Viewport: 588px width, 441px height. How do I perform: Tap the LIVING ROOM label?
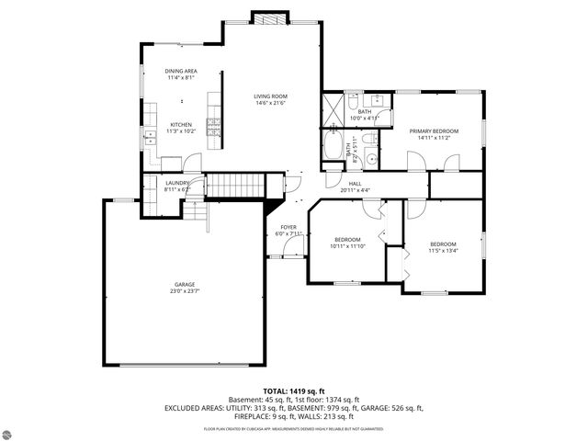272,96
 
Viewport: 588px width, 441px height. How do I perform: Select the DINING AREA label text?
181,71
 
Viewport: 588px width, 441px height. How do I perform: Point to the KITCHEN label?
180,125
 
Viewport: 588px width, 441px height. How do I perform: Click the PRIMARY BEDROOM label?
434,131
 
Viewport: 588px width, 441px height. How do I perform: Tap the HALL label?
355,184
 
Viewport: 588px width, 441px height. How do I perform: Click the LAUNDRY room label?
177,183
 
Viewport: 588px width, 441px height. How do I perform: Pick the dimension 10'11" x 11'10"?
347,245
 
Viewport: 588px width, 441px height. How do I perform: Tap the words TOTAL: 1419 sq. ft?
294,390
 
